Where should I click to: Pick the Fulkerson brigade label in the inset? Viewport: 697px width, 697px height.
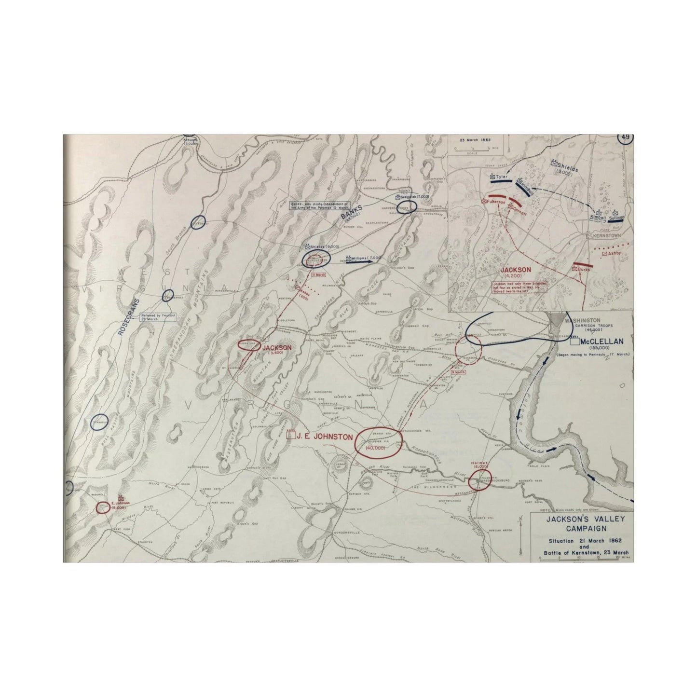pos(495,202)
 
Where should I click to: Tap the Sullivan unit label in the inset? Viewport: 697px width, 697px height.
pos(616,218)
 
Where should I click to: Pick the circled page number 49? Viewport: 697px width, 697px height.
pos(625,137)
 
